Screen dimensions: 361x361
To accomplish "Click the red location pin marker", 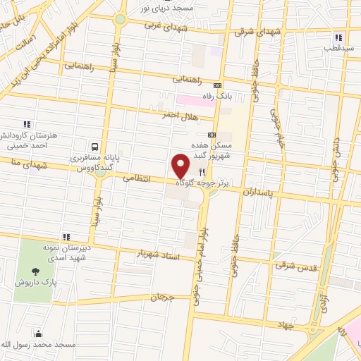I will click(181, 166).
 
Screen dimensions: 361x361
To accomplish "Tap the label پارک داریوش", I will click(36, 282).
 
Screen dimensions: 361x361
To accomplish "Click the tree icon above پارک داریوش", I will click(35, 270).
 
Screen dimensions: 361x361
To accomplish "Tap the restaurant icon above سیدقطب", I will click(338, 37).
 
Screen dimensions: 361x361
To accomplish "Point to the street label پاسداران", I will click(258, 191).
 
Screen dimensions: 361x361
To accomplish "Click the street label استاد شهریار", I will click(159, 255).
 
